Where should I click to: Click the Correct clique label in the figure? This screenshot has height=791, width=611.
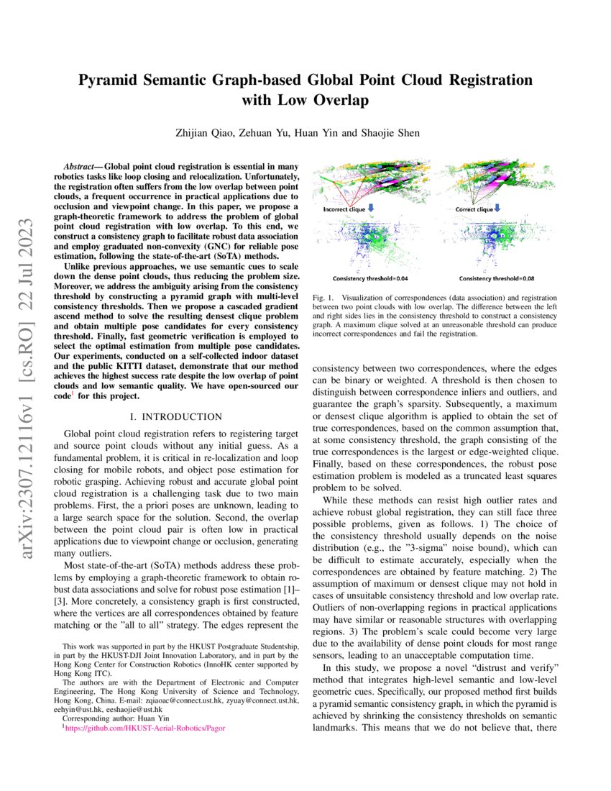474,210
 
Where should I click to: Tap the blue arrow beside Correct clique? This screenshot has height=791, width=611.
498,209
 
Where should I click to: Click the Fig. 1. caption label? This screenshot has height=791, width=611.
323,297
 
